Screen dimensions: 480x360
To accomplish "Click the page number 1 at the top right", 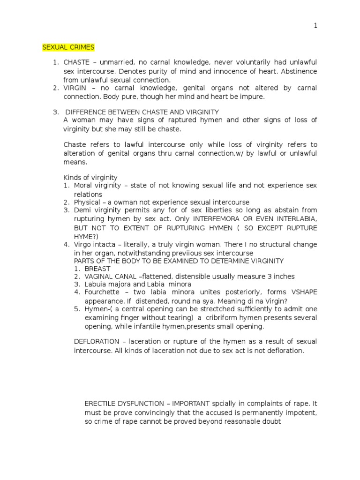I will (x=315, y=26).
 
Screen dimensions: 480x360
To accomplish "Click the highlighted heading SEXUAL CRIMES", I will (x=68, y=47).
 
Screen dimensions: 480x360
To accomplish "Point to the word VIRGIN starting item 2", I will (x=75, y=88).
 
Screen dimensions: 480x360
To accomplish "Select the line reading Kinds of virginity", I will (x=90, y=178).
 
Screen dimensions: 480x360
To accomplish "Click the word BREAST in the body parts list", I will (x=97, y=269).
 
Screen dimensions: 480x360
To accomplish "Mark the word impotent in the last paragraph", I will (x=302, y=412).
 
